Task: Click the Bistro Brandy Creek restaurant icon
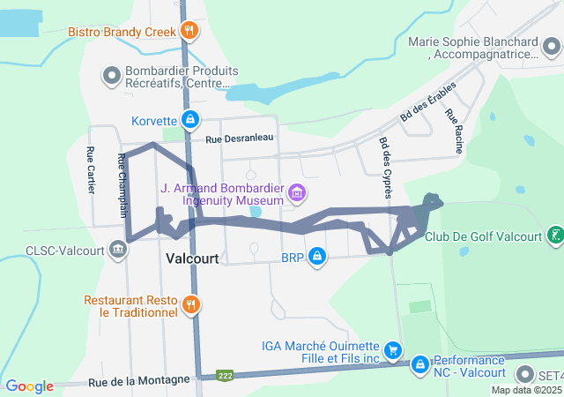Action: [189, 32]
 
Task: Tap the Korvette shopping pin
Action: [189, 119]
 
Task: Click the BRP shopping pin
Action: [317, 258]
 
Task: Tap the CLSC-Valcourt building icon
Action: [117, 249]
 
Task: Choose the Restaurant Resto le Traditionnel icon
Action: [190, 305]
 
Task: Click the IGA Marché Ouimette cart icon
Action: [393, 349]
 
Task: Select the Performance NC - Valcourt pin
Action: [420, 363]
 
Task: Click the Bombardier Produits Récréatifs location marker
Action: [113, 76]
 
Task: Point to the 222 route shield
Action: [226, 375]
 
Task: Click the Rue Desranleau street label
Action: [240, 139]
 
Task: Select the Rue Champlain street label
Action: [122, 185]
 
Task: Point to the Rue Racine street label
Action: [453, 131]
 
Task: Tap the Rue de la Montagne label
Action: [139, 380]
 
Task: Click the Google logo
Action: [30, 386]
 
